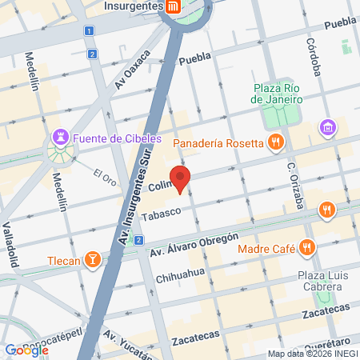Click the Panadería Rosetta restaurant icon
click(x=275, y=143)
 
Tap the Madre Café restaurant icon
click(x=305, y=248)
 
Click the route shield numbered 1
click(x=88, y=30)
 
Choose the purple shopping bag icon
click(x=328, y=126)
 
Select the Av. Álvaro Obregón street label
click(x=194, y=245)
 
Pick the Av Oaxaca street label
click(x=132, y=71)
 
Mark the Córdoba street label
click(x=313, y=58)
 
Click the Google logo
click(x=26, y=350)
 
